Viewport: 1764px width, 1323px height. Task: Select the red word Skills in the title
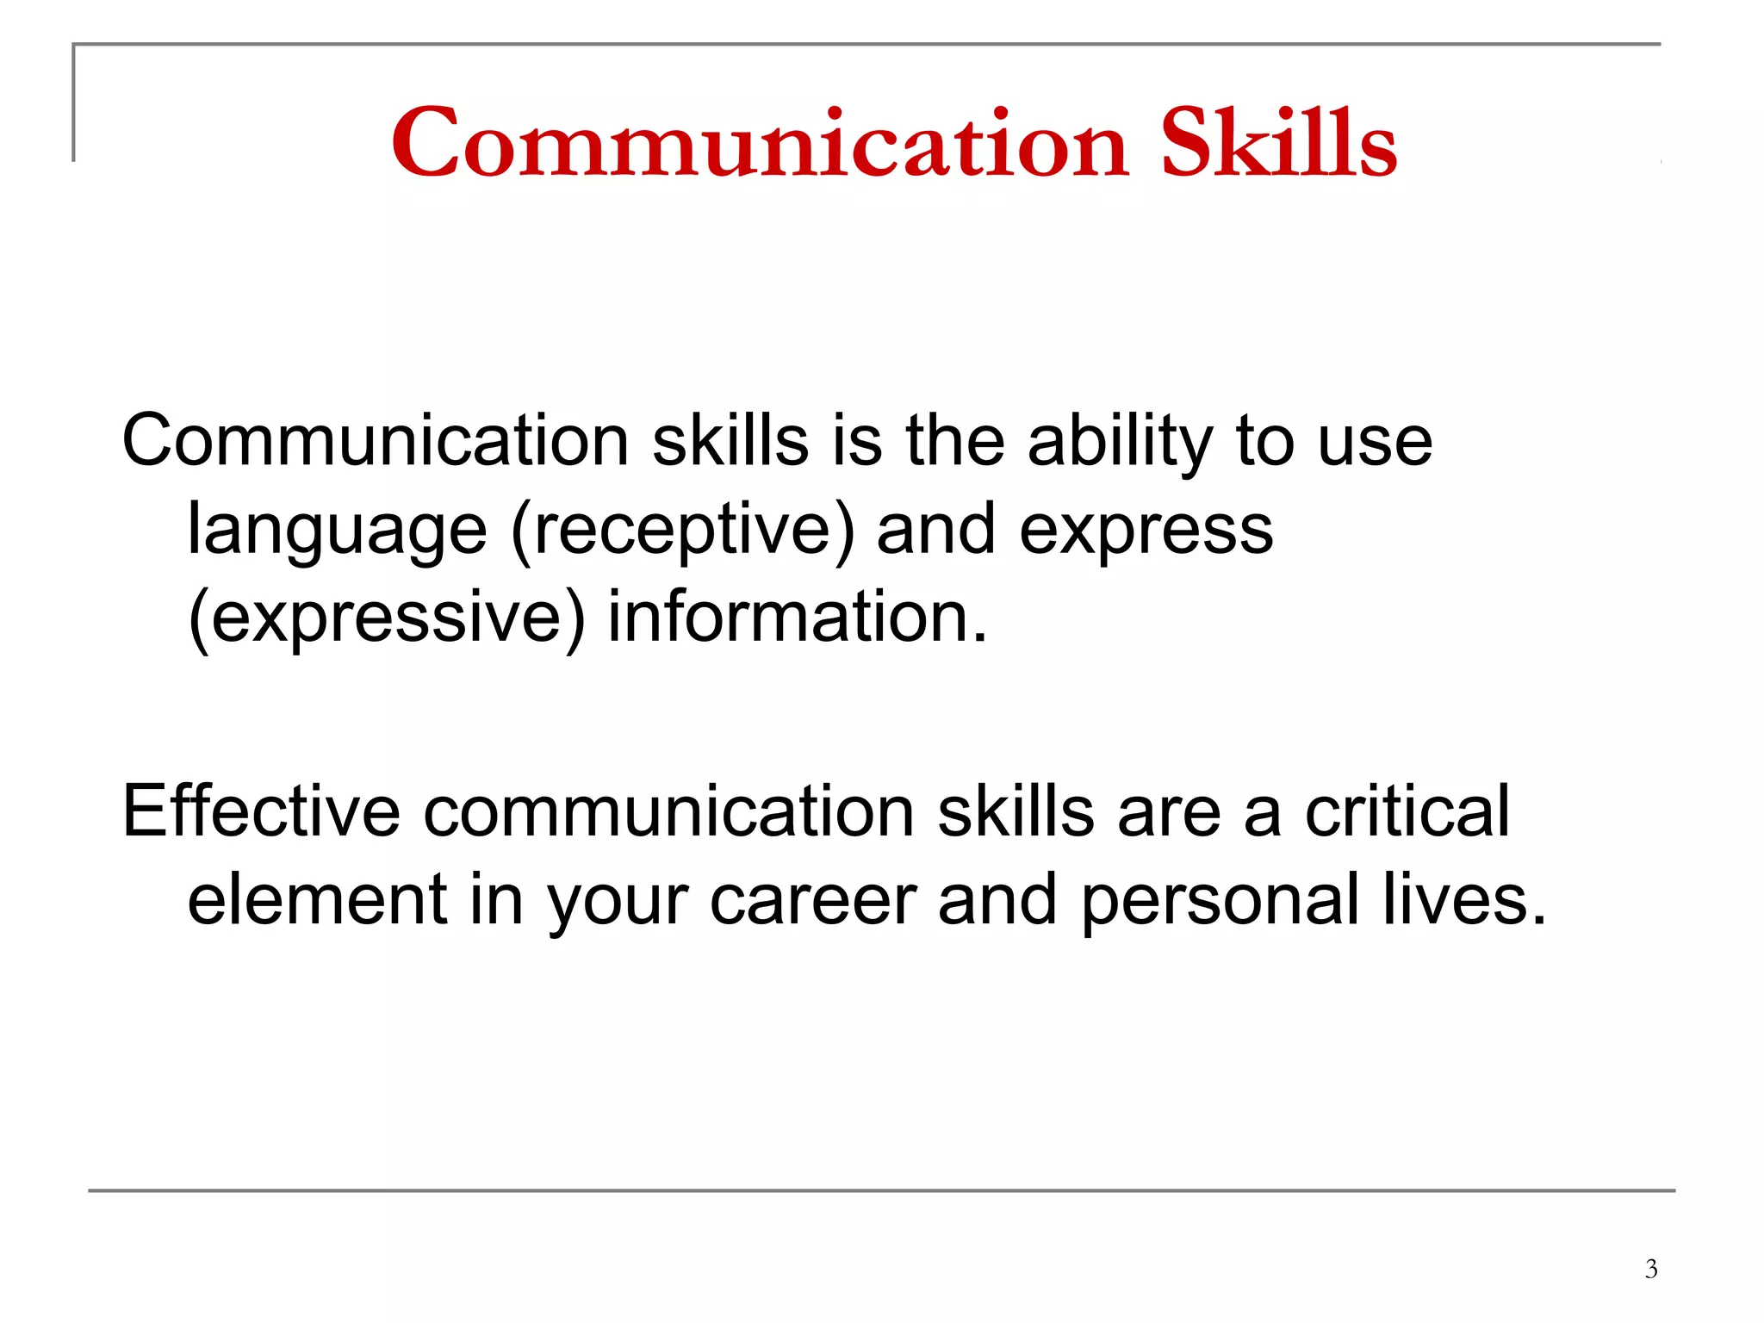point(1278,144)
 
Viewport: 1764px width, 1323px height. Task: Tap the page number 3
point(1650,1269)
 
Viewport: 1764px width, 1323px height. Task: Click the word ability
point(1121,442)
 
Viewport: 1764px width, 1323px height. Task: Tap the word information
point(797,617)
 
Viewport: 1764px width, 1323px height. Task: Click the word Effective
point(261,811)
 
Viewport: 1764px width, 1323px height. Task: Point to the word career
point(813,900)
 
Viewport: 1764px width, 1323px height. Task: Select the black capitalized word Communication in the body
point(376,442)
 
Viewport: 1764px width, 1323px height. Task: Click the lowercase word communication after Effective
point(668,811)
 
